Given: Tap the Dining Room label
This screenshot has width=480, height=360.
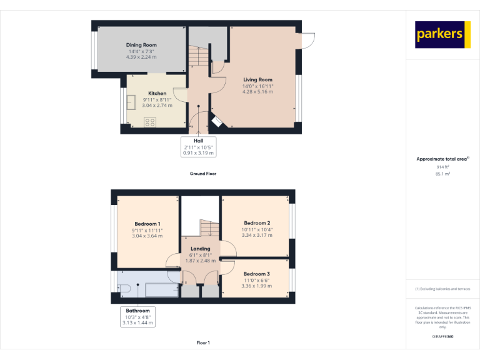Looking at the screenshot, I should pos(141,45).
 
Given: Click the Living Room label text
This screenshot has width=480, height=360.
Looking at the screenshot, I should pos(257,80).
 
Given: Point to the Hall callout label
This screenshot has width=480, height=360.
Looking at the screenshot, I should pos(199,141).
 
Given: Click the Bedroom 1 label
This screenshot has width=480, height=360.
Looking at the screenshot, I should pos(147,224).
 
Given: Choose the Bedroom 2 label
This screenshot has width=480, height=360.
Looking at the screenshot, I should pos(257,223).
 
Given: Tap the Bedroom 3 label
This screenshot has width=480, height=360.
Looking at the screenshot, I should pos(257,274).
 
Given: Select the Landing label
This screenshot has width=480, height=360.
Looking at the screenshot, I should pos(200,249).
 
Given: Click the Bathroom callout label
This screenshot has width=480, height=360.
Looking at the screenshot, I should pos(138,311).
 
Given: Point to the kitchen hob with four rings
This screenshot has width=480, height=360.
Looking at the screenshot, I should pos(150,122).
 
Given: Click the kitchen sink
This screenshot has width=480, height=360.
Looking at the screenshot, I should pos(132,102).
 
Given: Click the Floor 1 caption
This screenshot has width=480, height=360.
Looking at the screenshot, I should pos(203,342).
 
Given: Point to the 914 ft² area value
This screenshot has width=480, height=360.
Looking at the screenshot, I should pos(442,167).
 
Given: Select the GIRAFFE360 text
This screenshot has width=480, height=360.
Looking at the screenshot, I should pos(442,337).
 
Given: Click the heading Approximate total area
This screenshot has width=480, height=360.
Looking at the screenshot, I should pos(442,159).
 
